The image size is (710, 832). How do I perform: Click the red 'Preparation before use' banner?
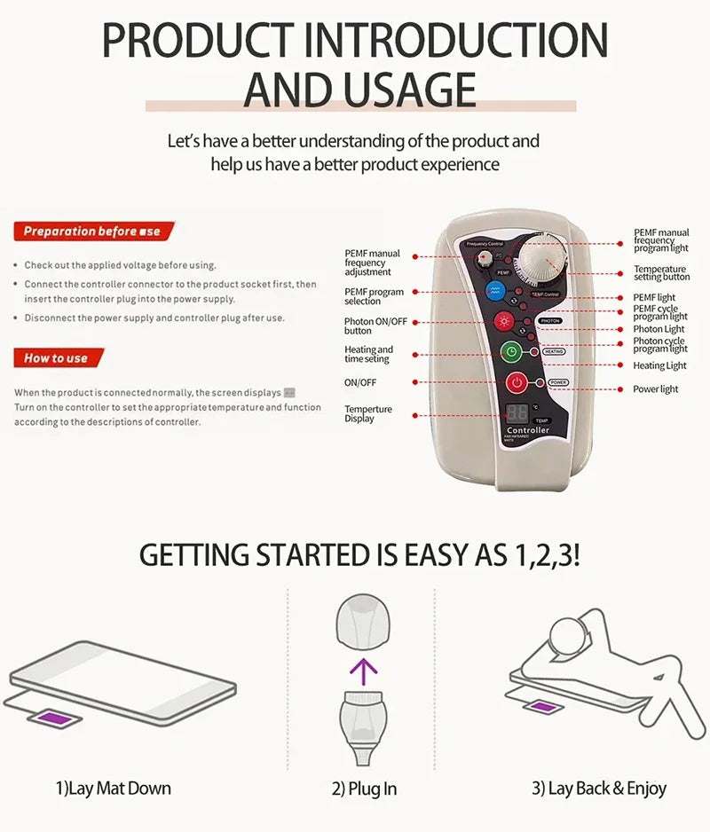tap(93, 232)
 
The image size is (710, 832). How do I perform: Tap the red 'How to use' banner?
tap(58, 358)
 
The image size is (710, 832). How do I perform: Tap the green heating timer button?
tap(511, 352)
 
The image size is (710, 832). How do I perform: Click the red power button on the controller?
tap(517, 383)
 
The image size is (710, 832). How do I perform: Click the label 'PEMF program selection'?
tap(374, 296)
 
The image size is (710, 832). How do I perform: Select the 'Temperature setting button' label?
tap(661, 273)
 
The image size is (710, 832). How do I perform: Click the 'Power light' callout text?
tap(655, 389)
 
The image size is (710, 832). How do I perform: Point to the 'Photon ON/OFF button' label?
tap(375, 326)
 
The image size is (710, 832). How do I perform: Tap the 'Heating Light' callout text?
tap(659, 365)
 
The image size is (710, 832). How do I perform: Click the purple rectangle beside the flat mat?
tap(56, 715)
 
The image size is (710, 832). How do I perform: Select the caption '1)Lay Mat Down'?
tap(113, 788)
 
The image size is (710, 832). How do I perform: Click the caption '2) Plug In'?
tap(364, 789)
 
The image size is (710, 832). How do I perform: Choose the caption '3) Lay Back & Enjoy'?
tap(598, 789)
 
